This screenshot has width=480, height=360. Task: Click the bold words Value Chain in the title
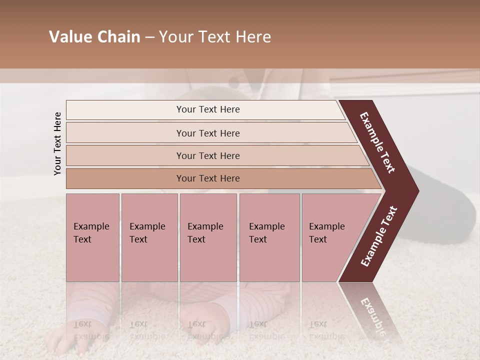(94, 37)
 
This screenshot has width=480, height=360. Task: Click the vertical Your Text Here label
(57, 143)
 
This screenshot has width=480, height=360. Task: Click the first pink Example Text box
(92, 237)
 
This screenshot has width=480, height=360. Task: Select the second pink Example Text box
(149, 237)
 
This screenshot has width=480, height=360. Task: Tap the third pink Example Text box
(208, 237)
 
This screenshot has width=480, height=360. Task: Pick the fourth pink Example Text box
(269, 237)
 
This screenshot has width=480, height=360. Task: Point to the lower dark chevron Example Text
(379, 236)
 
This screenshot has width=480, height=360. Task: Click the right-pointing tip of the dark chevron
(416, 190)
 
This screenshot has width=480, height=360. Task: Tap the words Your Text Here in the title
(215, 37)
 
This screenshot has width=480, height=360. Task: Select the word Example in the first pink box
(91, 226)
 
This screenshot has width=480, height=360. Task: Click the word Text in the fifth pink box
(318, 239)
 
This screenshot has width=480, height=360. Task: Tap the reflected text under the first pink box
(91, 330)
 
